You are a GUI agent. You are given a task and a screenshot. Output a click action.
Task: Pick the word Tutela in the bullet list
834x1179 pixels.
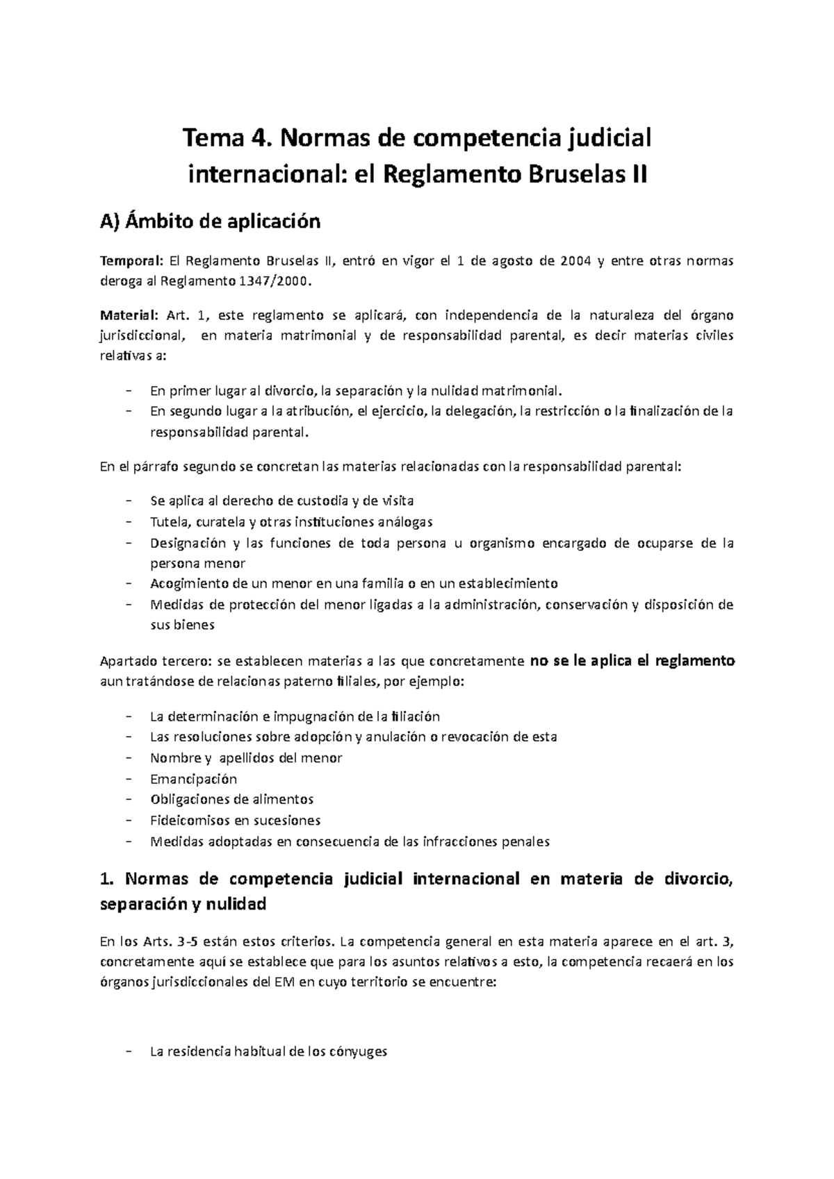click(169, 521)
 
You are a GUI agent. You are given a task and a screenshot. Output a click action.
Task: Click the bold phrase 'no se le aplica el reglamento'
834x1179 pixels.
click(632, 661)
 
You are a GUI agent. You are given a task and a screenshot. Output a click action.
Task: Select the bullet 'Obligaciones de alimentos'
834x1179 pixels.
click(231, 799)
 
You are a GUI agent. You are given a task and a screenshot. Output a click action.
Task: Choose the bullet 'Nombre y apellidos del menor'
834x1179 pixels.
click(246, 758)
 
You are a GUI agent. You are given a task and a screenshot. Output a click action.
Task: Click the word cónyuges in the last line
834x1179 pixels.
click(354, 1051)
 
